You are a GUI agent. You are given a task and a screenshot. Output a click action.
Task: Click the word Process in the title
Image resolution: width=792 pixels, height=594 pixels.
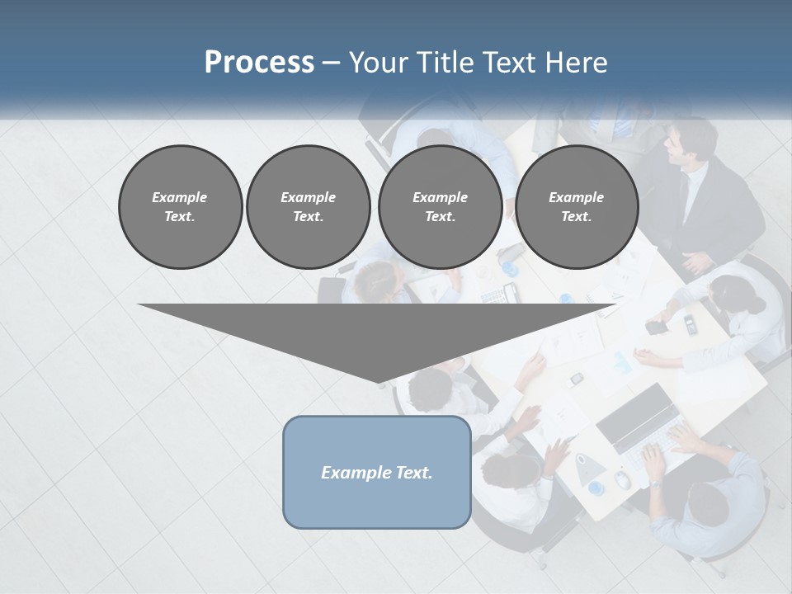click(259, 62)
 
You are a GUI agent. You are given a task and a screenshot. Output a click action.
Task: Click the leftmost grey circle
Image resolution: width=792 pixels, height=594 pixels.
click(180, 207)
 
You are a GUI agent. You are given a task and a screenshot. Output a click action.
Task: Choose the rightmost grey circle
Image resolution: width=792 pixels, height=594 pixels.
click(577, 207)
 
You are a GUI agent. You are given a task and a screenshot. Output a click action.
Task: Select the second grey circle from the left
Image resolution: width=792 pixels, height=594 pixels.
click(308, 207)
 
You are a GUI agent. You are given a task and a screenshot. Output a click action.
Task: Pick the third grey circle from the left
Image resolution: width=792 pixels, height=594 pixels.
click(440, 207)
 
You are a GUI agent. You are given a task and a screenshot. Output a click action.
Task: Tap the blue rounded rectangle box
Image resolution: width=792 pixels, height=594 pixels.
click(377, 472)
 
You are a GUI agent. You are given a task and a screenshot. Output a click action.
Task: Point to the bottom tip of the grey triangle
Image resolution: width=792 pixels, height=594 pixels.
click(378, 384)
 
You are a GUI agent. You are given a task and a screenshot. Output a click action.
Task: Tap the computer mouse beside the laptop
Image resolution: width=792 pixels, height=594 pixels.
click(623, 479)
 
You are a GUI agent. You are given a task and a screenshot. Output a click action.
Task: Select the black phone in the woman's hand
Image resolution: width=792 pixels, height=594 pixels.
click(657, 327)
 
